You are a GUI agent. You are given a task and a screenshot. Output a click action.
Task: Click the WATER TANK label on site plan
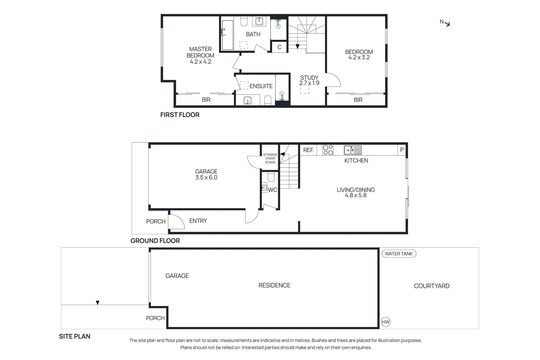399,254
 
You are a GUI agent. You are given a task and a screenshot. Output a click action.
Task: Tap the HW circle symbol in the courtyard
385,322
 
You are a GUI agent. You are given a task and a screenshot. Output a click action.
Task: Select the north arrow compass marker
445,23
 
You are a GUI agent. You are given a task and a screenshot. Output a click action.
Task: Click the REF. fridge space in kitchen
308,150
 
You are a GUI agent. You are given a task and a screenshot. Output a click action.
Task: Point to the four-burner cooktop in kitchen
328,150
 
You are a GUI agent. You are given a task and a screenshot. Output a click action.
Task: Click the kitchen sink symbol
353,150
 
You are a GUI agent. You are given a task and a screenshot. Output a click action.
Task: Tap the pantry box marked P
402,149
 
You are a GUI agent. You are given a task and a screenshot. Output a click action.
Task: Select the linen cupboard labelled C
279,47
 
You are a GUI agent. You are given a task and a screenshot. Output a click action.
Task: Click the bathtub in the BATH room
227,35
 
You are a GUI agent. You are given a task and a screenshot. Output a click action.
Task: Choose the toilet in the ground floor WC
271,177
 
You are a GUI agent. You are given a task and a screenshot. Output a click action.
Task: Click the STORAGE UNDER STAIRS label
270,159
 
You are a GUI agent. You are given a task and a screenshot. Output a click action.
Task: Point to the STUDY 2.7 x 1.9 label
309,80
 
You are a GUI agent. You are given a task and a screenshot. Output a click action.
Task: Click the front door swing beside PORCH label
176,222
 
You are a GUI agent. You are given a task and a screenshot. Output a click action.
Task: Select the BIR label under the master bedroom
206,100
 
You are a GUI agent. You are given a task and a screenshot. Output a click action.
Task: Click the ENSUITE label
261,86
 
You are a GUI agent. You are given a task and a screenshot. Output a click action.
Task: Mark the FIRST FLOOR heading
180,115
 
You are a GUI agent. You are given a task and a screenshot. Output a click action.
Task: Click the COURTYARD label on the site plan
431,286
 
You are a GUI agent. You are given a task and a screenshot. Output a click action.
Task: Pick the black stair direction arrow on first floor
297,46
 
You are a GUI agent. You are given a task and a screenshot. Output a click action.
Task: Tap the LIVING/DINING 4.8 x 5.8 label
355,192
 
